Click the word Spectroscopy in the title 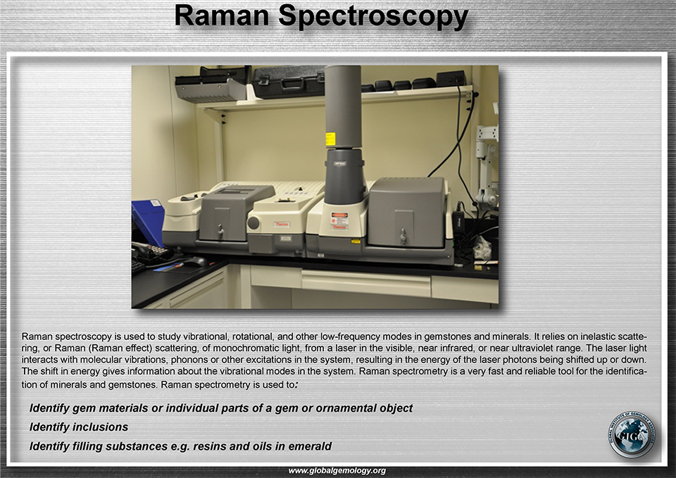[x=373, y=17]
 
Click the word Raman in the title [x=222, y=15]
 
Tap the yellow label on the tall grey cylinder [x=330, y=139]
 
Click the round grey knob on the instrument [x=253, y=223]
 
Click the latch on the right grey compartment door [x=403, y=237]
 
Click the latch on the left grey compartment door [x=220, y=232]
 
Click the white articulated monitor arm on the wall [x=487, y=166]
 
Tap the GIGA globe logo [x=631, y=434]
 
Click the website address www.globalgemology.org [x=337, y=471]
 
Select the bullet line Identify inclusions [x=79, y=427]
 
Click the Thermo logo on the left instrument [x=281, y=224]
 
